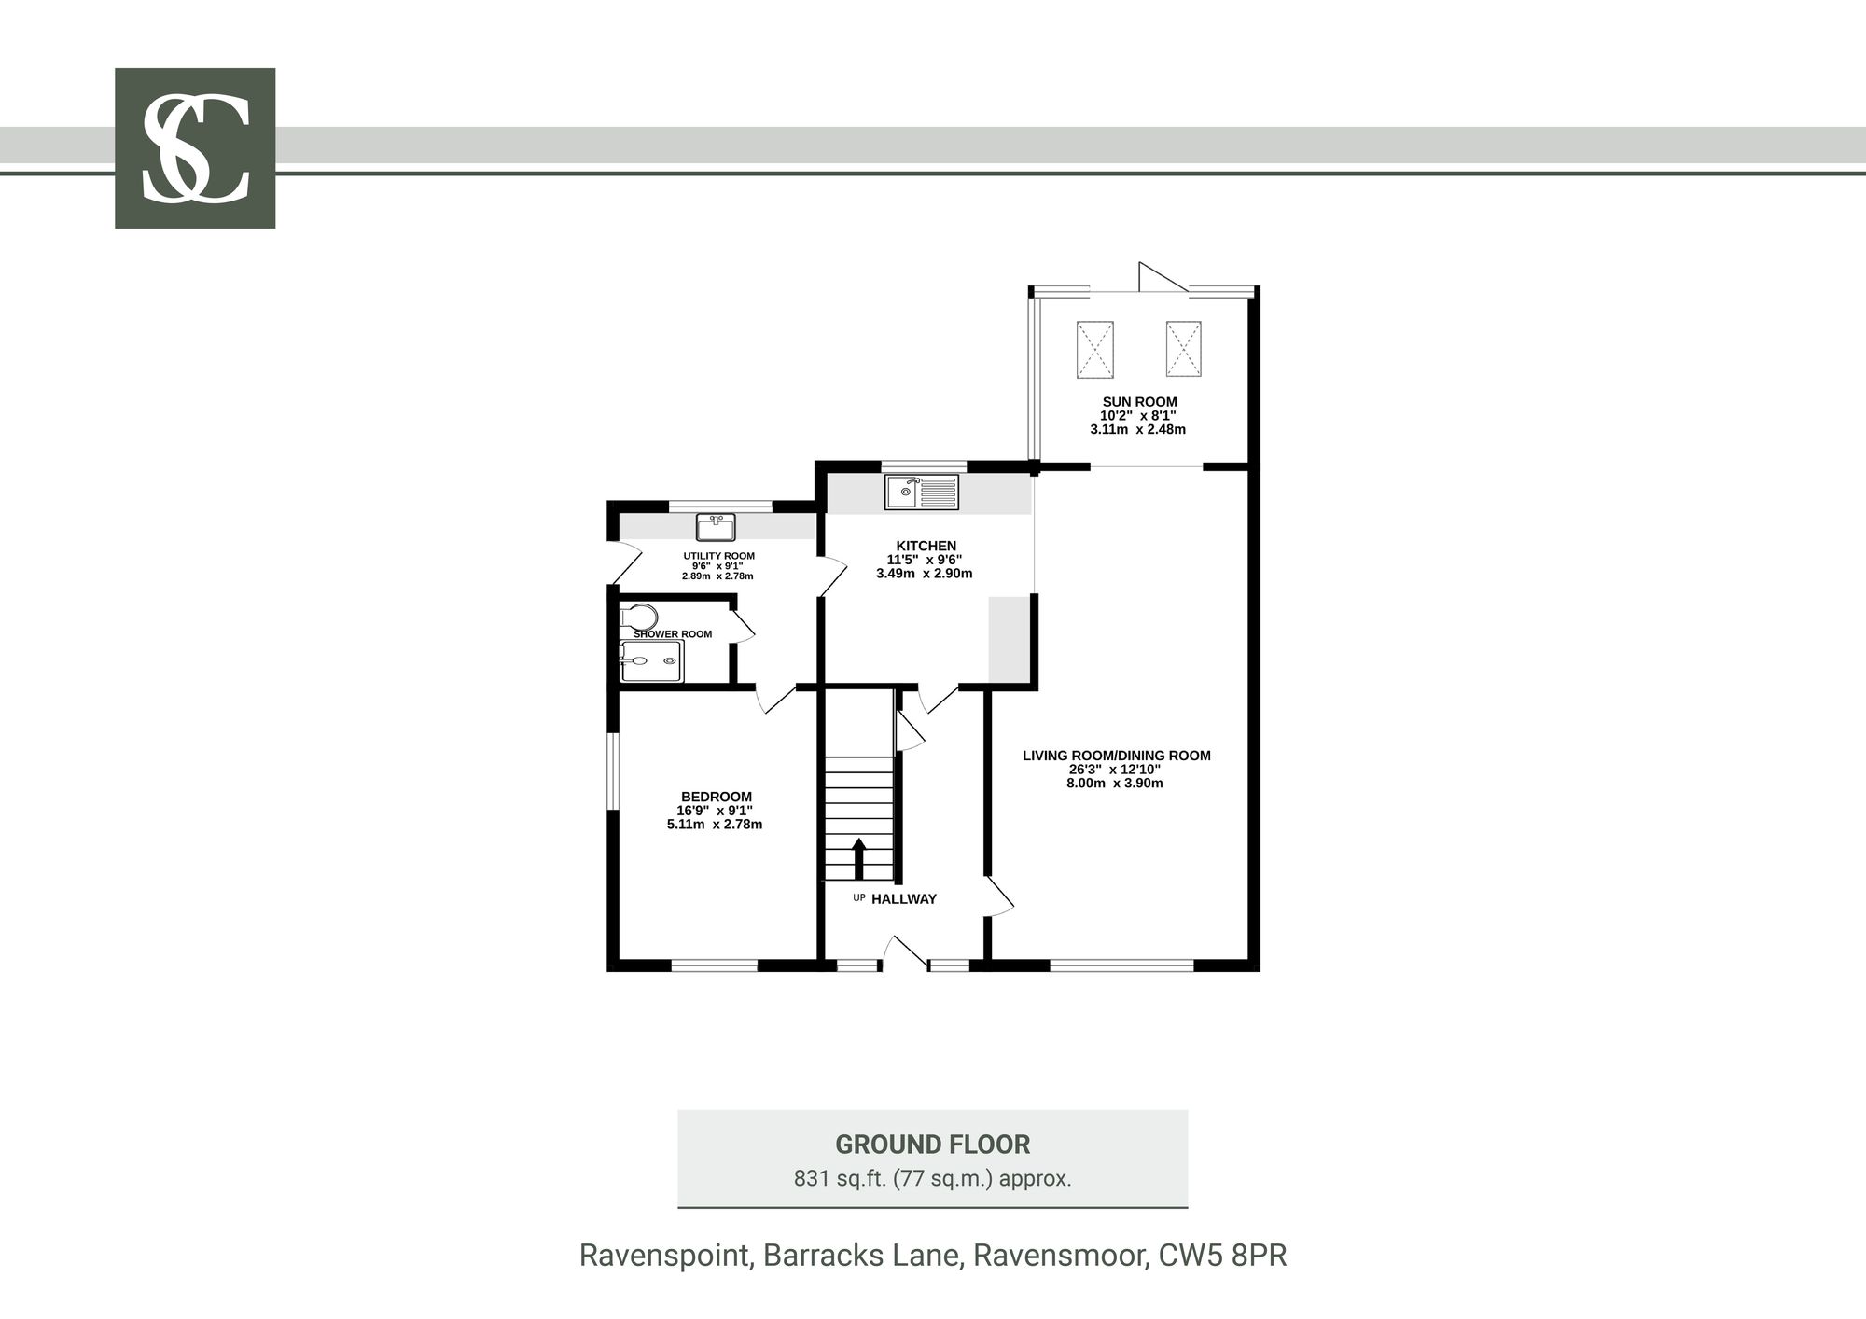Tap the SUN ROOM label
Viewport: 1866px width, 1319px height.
click(1139, 402)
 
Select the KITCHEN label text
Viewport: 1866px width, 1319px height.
click(926, 546)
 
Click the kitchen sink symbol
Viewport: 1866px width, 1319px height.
click(922, 492)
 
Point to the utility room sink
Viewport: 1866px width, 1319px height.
click(716, 527)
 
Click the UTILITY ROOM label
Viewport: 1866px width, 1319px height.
click(718, 556)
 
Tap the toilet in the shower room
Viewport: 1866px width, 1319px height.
click(639, 617)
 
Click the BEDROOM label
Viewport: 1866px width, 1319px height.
click(716, 797)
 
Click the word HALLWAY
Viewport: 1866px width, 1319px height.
click(904, 899)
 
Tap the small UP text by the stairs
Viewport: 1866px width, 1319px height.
click(859, 897)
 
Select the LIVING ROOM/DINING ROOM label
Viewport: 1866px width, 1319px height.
click(1116, 756)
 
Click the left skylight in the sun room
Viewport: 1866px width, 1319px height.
click(1095, 350)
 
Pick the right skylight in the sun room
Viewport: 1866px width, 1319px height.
click(1183, 349)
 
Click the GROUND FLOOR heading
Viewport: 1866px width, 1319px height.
click(932, 1145)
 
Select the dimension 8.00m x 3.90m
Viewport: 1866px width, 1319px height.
click(1115, 784)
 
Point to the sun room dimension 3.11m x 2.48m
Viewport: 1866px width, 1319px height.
click(1137, 430)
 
